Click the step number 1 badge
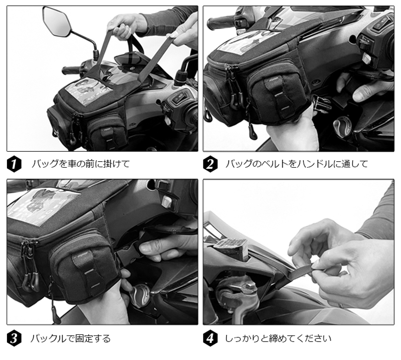14,164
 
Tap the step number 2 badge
210,164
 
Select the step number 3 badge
14,338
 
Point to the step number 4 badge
210,338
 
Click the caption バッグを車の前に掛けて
81,164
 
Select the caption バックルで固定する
71,339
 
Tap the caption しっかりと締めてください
278,339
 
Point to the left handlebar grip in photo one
72,70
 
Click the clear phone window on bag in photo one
88,89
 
